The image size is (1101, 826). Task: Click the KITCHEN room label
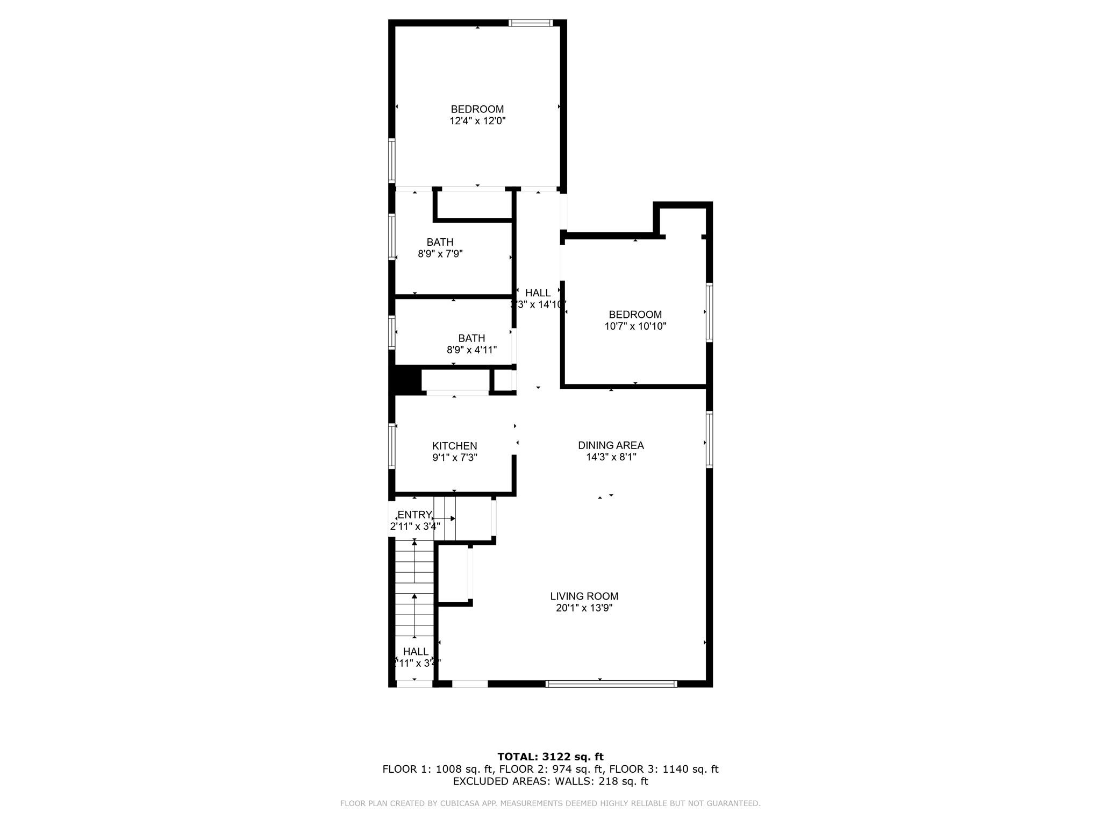(x=454, y=446)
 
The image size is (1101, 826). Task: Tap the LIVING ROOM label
(x=584, y=596)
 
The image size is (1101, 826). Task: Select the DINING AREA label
(x=611, y=445)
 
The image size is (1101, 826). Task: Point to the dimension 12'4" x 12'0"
(x=477, y=121)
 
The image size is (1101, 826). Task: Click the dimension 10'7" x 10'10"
(x=635, y=326)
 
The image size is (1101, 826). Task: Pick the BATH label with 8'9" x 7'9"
(x=440, y=242)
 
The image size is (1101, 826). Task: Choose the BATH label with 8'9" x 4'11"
(x=471, y=338)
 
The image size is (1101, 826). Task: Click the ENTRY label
(x=414, y=515)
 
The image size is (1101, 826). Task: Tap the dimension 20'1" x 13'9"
(x=584, y=608)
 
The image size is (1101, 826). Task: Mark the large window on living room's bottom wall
(x=611, y=684)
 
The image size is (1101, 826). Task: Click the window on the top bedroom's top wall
(x=530, y=23)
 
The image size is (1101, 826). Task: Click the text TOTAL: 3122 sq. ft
(x=550, y=757)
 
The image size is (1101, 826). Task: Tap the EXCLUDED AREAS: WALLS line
(x=550, y=781)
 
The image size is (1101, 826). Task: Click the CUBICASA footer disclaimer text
(x=550, y=803)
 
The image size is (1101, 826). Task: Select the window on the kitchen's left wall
(x=392, y=446)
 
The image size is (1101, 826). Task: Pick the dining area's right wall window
(x=709, y=439)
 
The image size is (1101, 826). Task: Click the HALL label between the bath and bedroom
(x=538, y=293)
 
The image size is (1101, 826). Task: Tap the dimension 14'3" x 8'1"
(x=611, y=457)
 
